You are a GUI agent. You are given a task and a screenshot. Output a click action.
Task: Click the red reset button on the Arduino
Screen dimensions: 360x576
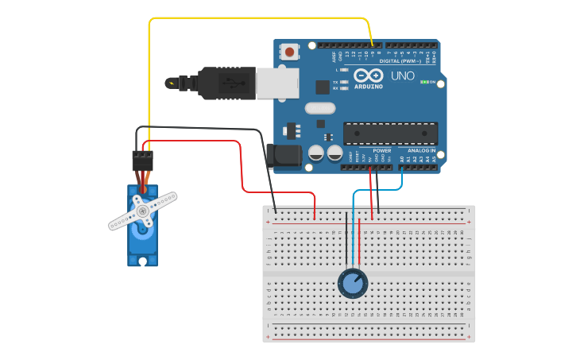[x=289, y=52]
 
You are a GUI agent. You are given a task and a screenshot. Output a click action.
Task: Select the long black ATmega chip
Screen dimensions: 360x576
[x=390, y=134]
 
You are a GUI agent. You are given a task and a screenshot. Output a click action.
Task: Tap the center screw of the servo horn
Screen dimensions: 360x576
[x=142, y=211]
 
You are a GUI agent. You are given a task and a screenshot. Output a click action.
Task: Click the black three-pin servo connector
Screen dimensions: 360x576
[x=143, y=161]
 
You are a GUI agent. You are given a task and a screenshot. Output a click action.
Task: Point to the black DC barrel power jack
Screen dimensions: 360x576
[x=284, y=156]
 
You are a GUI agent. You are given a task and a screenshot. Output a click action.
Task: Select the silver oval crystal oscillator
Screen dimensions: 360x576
[x=320, y=108]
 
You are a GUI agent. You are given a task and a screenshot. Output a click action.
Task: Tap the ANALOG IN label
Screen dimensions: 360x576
[x=421, y=150]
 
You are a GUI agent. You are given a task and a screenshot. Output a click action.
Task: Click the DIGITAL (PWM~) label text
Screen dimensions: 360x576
[x=402, y=60]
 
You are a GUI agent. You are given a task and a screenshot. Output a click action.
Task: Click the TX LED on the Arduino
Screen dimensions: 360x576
[x=343, y=82]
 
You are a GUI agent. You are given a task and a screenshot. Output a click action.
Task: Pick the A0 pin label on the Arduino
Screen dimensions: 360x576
[x=403, y=159]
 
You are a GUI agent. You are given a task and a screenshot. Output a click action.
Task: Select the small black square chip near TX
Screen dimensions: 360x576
[x=323, y=87]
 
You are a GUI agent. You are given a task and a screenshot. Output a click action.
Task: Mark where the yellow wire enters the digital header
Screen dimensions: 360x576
[x=372, y=45]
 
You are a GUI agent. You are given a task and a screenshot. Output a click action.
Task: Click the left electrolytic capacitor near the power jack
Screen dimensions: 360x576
[x=316, y=153]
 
